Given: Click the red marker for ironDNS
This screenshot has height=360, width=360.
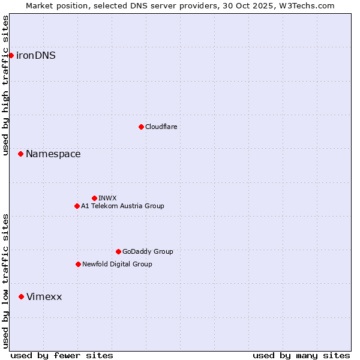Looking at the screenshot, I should click(x=11, y=55).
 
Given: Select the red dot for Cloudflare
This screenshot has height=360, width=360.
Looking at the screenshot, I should click(x=141, y=127).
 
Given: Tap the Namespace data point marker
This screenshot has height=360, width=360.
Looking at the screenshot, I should click(x=20, y=154).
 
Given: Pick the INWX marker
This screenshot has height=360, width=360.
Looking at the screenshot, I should click(x=94, y=198).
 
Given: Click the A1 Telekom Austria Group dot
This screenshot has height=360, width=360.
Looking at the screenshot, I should click(x=77, y=206).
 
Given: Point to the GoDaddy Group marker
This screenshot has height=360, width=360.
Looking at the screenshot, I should click(x=118, y=251).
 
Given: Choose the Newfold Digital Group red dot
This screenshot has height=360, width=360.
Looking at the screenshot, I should click(x=78, y=264).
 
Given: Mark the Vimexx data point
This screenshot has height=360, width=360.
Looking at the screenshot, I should click(x=21, y=296).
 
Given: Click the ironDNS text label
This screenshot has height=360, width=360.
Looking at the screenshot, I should click(x=36, y=56).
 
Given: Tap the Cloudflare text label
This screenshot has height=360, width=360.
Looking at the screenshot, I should click(x=161, y=127).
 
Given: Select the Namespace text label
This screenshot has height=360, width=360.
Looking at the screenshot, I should click(x=53, y=154).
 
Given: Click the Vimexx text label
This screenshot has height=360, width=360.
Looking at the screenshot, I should click(x=44, y=297).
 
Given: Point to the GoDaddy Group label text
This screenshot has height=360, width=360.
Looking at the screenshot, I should click(x=148, y=251).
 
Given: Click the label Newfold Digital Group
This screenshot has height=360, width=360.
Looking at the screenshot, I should click(x=117, y=264).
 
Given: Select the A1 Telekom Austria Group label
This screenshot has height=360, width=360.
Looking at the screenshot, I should click(x=122, y=206).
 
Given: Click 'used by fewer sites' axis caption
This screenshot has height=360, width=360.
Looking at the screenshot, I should click(x=62, y=355).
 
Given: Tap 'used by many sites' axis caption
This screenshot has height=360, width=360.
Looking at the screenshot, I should click(x=301, y=355).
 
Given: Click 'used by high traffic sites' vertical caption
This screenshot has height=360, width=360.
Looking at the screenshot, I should click(x=5, y=85).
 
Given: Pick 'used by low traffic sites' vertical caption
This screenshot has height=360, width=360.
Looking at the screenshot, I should click(x=5, y=281).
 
